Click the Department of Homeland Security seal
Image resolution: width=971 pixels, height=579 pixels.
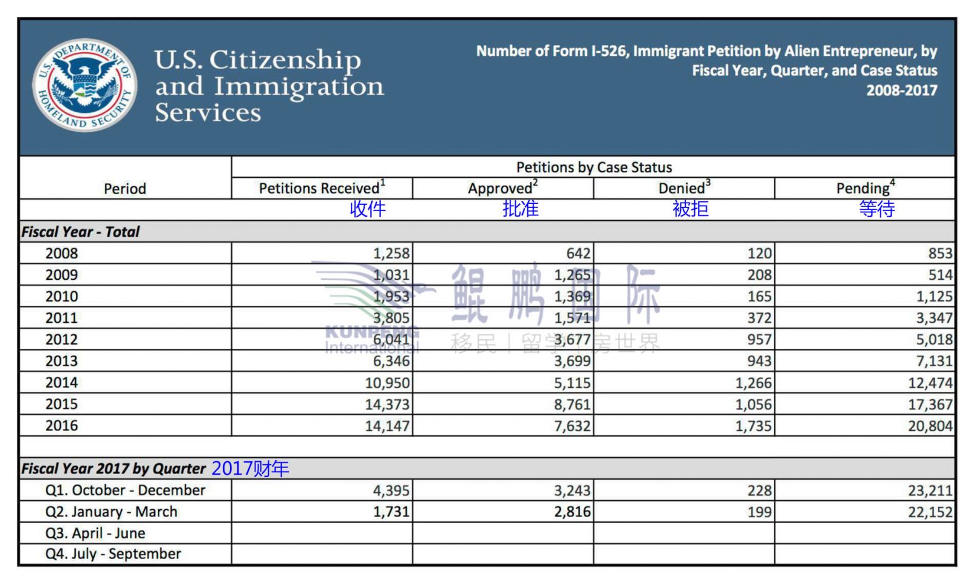(x=85, y=84)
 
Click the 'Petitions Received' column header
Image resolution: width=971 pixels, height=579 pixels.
(x=322, y=188)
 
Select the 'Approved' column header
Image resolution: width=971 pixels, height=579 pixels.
(x=503, y=188)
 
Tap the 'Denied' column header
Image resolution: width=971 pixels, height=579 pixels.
(x=685, y=188)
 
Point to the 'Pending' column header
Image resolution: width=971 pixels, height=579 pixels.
(x=865, y=188)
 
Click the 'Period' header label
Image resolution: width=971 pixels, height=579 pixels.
(x=125, y=189)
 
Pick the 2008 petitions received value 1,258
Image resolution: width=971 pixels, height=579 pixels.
(x=391, y=254)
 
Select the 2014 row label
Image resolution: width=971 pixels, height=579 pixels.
(x=61, y=383)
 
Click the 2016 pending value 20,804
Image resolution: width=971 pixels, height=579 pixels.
(x=930, y=426)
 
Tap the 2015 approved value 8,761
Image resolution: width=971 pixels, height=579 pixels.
(x=572, y=404)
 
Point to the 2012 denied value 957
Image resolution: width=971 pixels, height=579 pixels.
(x=759, y=339)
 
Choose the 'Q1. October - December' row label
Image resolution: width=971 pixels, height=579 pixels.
(x=125, y=490)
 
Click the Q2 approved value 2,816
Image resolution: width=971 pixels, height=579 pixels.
(x=572, y=512)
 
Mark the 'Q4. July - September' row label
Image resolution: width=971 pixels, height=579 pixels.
(x=113, y=554)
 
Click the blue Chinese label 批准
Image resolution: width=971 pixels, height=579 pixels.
(x=521, y=209)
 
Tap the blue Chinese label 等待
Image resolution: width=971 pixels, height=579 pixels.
(x=877, y=209)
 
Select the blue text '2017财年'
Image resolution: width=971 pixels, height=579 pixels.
(x=250, y=469)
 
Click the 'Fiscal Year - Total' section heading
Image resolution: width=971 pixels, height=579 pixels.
(x=81, y=232)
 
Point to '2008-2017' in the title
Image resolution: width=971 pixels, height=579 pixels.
(x=902, y=90)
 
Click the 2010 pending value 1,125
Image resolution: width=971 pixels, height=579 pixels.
(x=934, y=296)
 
